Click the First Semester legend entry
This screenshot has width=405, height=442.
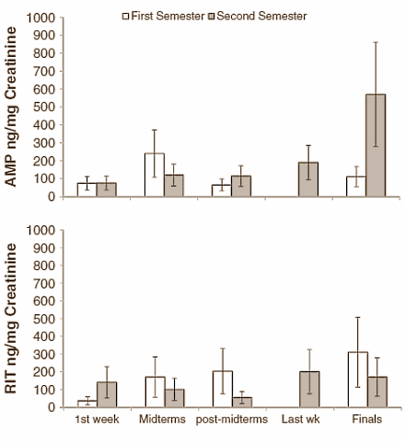click(x=162, y=16)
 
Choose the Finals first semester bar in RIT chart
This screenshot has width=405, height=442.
click(x=358, y=379)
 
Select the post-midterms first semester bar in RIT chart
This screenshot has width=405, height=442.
click(x=222, y=389)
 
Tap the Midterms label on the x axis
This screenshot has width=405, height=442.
click(x=164, y=421)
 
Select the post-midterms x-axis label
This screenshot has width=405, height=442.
click(x=231, y=421)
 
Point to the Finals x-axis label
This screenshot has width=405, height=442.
click(x=366, y=421)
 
